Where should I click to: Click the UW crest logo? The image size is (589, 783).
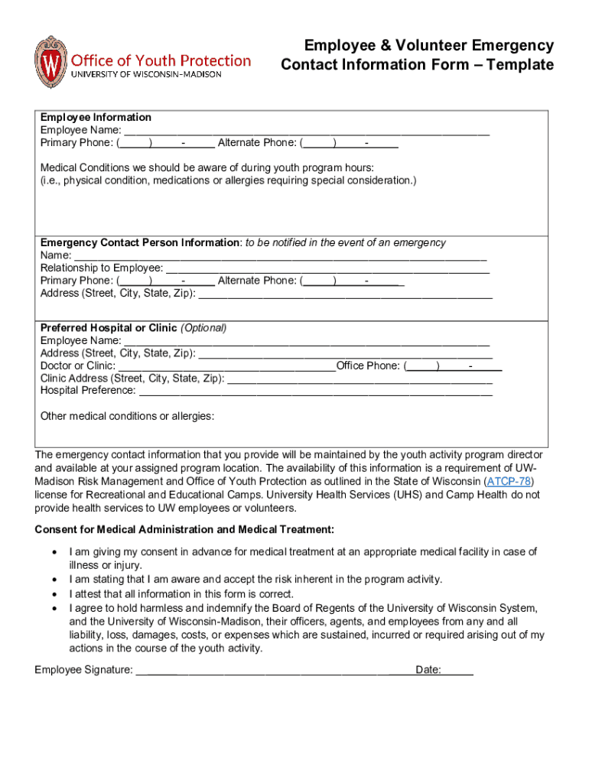pyautogui.click(x=50, y=62)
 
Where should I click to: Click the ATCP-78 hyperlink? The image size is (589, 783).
pyautogui.click(x=509, y=482)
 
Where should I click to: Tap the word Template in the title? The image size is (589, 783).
pyautogui.click(x=518, y=65)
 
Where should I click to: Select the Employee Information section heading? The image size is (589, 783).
pyautogui.click(x=96, y=117)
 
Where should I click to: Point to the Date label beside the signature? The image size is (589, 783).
pyautogui.click(x=428, y=671)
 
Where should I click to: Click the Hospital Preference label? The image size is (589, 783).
pyautogui.click(x=87, y=391)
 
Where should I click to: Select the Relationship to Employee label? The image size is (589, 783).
pyautogui.click(x=101, y=268)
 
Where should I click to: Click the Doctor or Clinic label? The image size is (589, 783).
pyautogui.click(x=77, y=366)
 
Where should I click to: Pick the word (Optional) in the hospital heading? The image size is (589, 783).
pyautogui.click(x=203, y=328)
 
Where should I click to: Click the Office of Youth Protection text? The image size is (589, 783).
pyautogui.click(x=161, y=60)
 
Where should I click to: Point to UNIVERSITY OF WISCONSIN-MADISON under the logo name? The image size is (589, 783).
pyautogui.click(x=146, y=75)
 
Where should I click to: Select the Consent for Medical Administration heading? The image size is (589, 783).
pyautogui.click(x=184, y=530)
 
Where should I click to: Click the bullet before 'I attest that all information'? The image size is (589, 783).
pyautogui.click(x=54, y=594)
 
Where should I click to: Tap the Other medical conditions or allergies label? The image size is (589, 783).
pyautogui.click(x=127, y=416)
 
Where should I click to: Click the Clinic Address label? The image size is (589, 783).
pyautogui.click(x=132, y=379)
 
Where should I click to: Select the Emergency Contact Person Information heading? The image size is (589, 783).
pyautogui.click(x=140, y=242)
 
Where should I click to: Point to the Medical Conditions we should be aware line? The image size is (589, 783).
pyautogui.click(x=207, y=167)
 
